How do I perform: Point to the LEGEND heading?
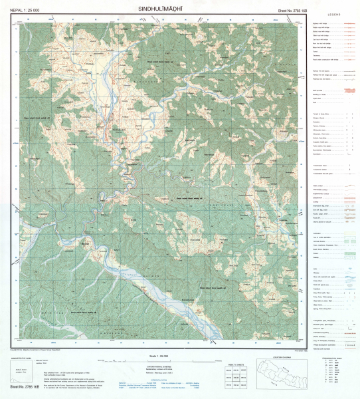coord(335,15)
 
